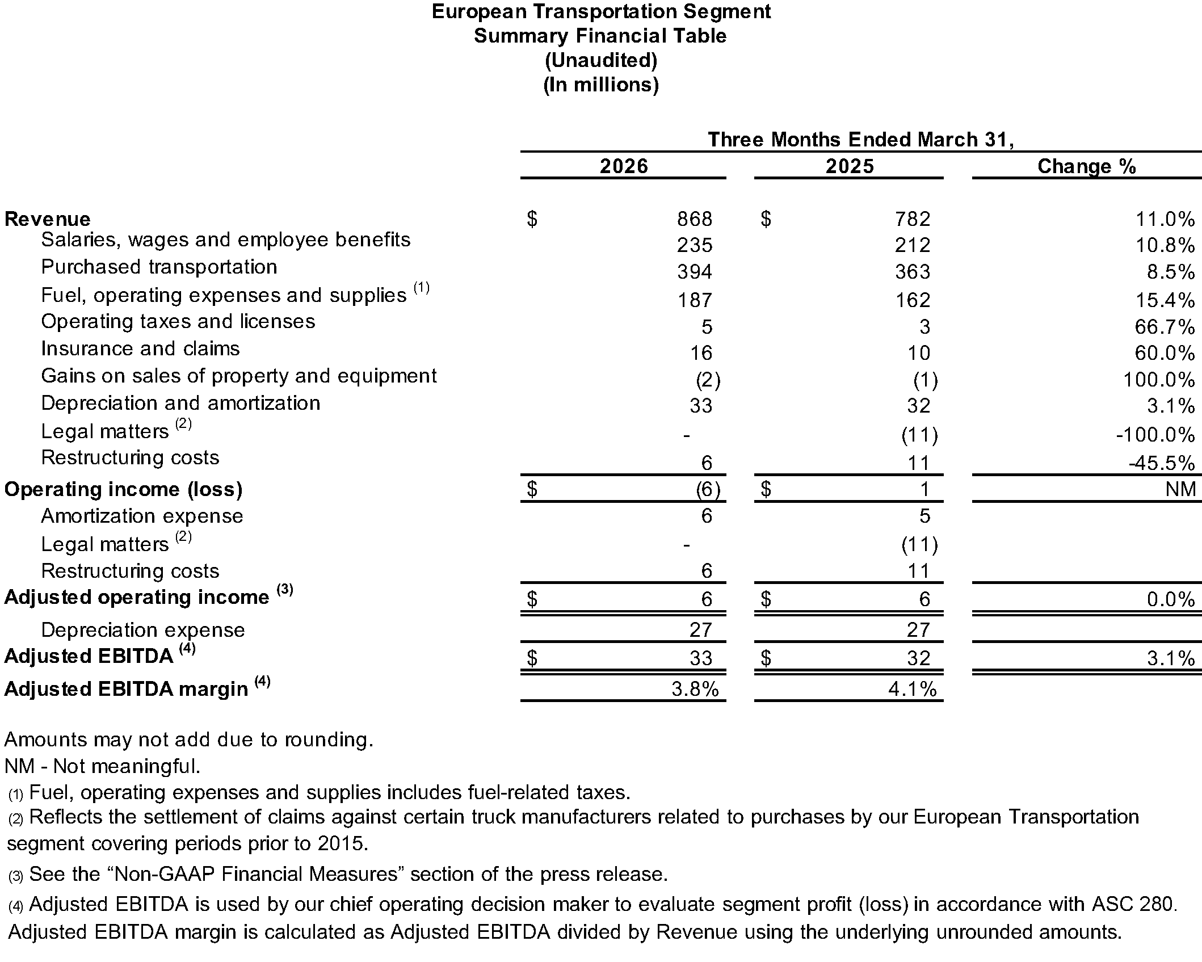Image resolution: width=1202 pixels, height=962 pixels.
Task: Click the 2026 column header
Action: (623, 166)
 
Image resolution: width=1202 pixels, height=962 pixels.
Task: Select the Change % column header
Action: (1086, 166)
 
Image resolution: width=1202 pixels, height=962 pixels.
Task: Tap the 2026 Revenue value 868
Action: (694, 219)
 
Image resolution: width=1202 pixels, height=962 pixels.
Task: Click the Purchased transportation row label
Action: (159, 267)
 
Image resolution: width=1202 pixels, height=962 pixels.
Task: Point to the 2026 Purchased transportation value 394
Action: (694, 272)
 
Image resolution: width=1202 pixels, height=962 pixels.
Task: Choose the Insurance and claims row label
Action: (140, 348)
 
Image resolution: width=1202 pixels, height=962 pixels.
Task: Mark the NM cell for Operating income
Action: (1180, 489)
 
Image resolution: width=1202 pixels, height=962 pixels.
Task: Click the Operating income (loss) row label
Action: (123, 489)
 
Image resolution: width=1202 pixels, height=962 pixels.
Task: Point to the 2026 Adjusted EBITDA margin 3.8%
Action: (695, 689)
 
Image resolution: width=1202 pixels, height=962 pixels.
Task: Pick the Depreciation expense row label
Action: (142, 630)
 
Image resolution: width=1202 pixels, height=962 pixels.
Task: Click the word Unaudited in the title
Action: (600, 60)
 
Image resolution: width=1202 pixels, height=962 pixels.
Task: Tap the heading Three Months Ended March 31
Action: (860, 140)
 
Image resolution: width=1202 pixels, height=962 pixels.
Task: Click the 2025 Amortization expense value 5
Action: (924, 516)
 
